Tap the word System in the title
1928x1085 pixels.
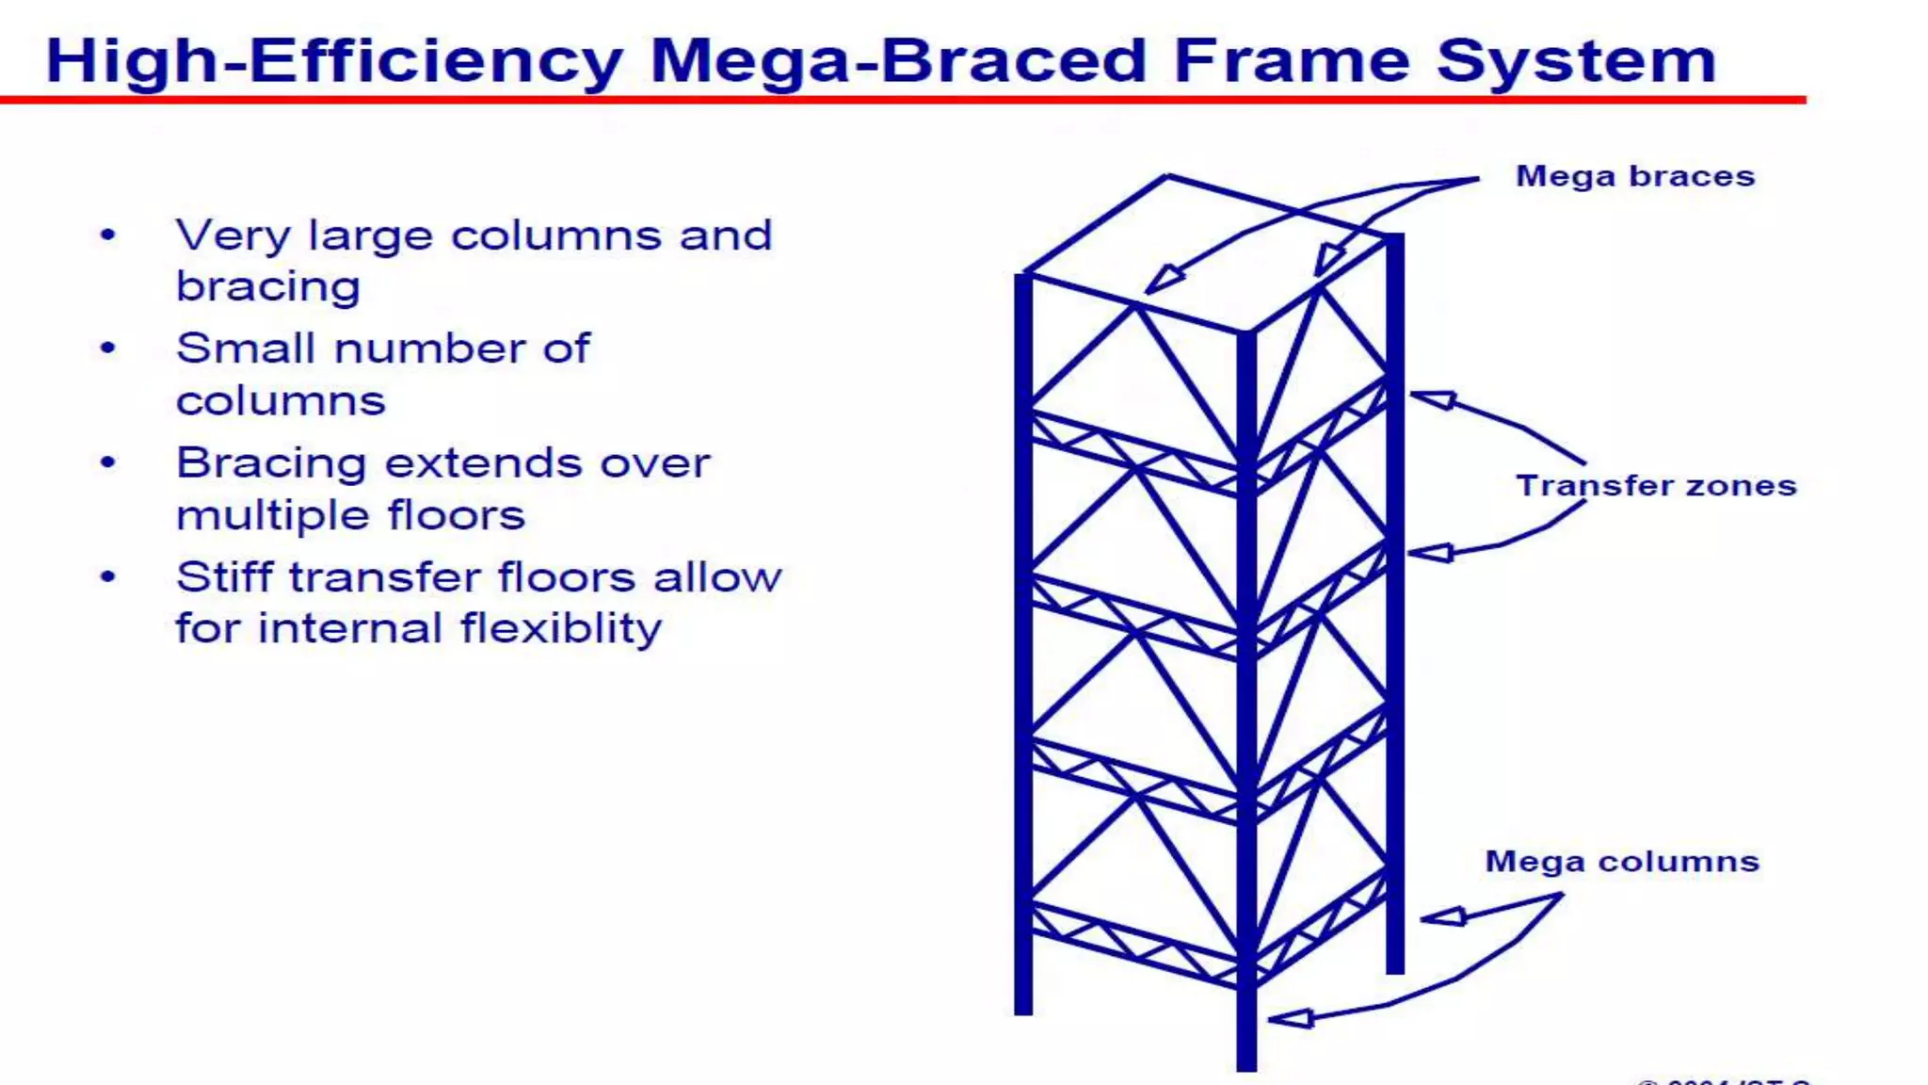pyautogui.click(x=1576, y=61)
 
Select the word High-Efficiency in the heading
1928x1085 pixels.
pyautogui.click(x=334, y=61)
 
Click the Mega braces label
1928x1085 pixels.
pyautogui.click(x=1635, y=176)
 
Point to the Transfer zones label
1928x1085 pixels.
pyautogui.click(x=1656, y=486)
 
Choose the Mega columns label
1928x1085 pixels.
pyautogui.click(x=1622, y=862)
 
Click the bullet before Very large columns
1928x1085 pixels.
pyautogui.click(x=108, y=235)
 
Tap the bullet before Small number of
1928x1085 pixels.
pyautogui.click(x=108, y=349)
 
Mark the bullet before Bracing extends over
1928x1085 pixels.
pyautogui.click(x=108, y=463)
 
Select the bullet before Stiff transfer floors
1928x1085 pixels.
pyautogui.click(x=108, y=577)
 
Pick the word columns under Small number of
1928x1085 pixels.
pyautogui.click(x=281, y=402)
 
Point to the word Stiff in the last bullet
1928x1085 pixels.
pyautogui.click(x=223, y=577)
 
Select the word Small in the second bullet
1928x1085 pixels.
pyautogui.click(x=245, y=349)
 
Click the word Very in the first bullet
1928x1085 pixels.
pyautogui.click(x=233, y=235)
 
